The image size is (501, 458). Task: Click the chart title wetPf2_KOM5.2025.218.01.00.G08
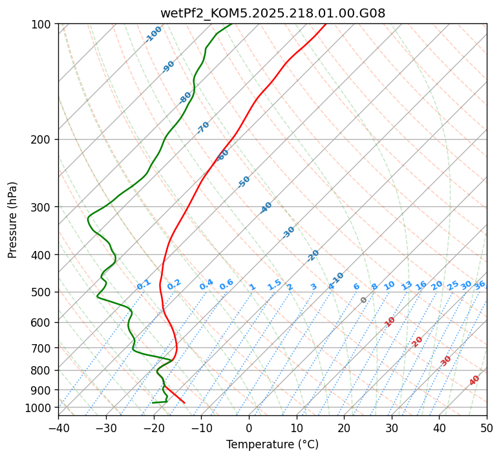273,13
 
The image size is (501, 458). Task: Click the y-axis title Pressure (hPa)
13,220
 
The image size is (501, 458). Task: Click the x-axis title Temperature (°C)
272,444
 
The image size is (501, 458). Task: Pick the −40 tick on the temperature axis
58,428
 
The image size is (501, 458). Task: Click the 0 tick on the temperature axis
249,428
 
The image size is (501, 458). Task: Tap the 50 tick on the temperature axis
487,428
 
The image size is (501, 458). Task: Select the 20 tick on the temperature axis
344,428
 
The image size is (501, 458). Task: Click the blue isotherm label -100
154,34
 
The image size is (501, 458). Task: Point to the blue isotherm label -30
288,232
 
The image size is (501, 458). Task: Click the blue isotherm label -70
203,127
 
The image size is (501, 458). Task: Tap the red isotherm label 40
474,380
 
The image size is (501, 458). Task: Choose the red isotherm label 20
418,341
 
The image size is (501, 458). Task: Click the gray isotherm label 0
364,300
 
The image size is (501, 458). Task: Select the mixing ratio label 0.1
144,284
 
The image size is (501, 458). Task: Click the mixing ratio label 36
480,285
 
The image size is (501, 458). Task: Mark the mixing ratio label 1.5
274,284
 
